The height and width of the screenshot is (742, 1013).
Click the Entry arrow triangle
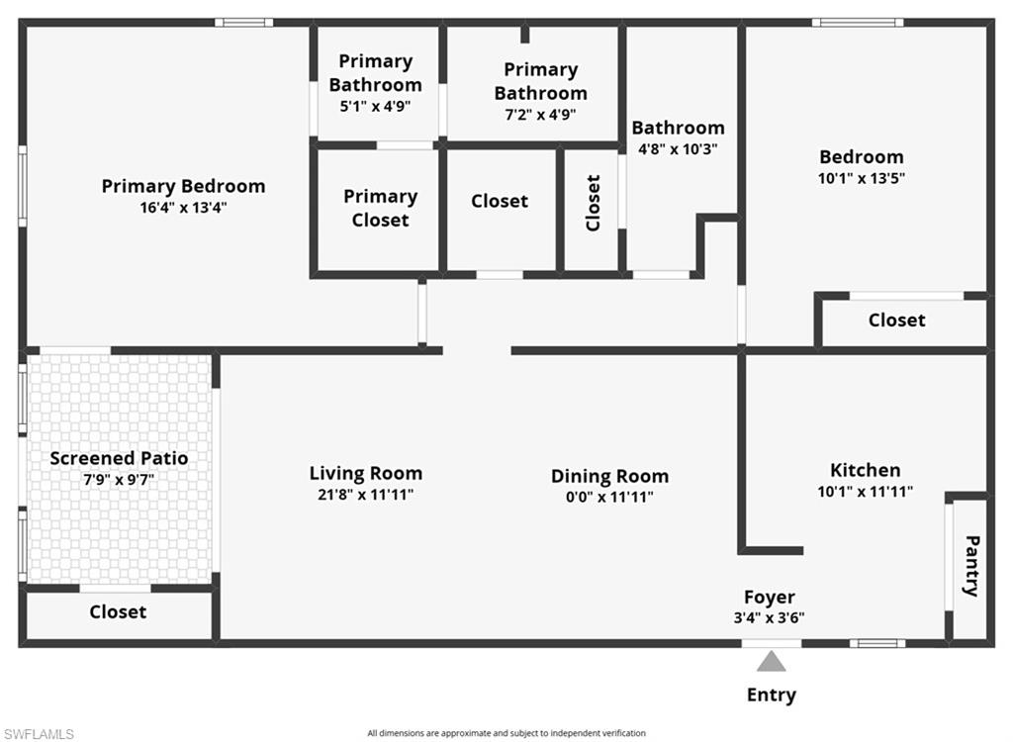[x=772, y=663]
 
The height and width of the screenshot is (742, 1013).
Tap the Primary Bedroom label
[x=183, y=186]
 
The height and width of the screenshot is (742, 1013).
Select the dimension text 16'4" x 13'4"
[x=183, y=208]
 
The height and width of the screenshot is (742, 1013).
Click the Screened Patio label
[x=119, y=458]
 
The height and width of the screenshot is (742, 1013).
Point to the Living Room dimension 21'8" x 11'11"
[x=366, y=495]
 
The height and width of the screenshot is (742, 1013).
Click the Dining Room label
[x=609, y=476]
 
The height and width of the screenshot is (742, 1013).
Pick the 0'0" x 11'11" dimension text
[x=609, y=497]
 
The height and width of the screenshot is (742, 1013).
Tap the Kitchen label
[x=865, y=470]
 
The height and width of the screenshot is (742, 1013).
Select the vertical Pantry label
[x=971, y=566]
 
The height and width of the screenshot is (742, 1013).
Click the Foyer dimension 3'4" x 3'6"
[x=769, y=618]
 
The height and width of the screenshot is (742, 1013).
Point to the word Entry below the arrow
[x=772, y=695]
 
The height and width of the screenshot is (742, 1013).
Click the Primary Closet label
[x=381, y=208]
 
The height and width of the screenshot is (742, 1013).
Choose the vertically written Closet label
[x=593, y=203]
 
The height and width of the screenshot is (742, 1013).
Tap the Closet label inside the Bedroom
[x=896, y=320]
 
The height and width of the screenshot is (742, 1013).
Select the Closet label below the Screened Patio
[x=118, y=612]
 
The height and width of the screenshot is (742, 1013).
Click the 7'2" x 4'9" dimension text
[x=540, y=115]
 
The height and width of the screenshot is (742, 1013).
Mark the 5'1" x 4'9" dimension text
[x=375, y=106]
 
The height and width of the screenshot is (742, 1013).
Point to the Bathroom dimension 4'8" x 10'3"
[x=678, y=149]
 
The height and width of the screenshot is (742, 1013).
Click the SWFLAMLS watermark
[x=39, y=734]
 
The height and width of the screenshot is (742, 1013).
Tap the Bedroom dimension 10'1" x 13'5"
[x=862, y=178]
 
